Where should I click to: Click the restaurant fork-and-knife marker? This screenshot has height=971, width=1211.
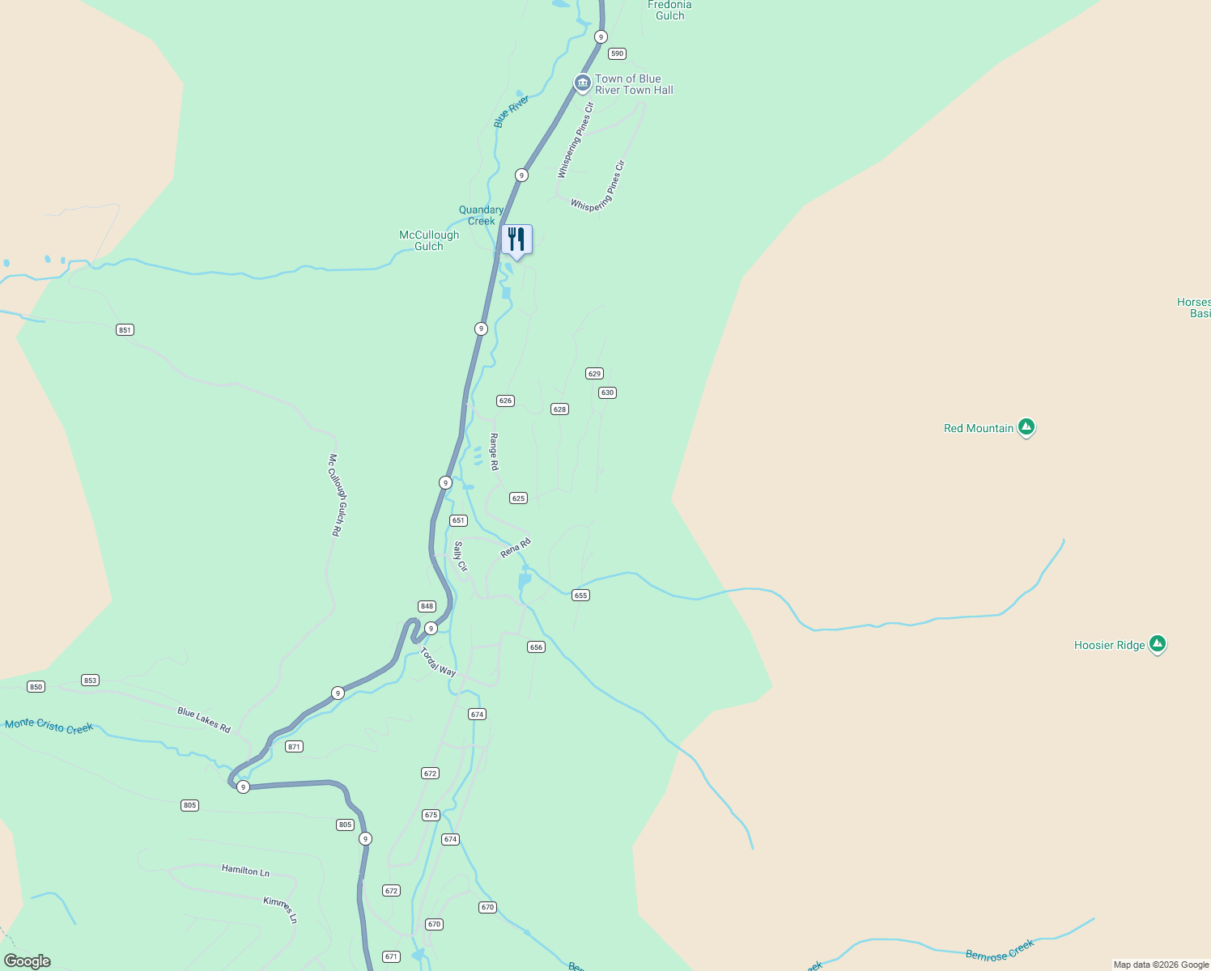point(516,240)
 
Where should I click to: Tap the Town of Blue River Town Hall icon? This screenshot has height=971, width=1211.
point(582,83)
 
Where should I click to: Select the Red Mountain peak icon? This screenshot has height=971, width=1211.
point(1026,427)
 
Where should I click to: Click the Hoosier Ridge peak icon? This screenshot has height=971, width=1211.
point(1158,644)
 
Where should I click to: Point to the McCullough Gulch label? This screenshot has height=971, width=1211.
point(429,240)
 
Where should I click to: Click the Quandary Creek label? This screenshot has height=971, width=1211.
point(481,215)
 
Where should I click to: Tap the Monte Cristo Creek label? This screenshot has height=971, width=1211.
point(49,726)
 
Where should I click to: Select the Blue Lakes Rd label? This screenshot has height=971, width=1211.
point(204,720)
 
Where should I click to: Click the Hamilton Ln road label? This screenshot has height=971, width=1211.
point(245,871)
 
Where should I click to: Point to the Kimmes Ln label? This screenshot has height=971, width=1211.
point(281,910)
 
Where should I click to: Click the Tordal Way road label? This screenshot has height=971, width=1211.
point(438,662)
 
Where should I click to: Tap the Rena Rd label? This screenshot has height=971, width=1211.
point(516,548)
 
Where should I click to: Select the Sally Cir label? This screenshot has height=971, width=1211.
point(461,557)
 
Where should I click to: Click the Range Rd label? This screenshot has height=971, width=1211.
point(494,452)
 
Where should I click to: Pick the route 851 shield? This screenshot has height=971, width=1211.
point(125,329)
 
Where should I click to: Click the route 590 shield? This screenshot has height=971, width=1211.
point(617,53)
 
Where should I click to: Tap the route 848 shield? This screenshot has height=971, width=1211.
point(427,606)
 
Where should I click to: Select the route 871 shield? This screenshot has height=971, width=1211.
point(295,746)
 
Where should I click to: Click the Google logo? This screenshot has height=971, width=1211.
point(28,961)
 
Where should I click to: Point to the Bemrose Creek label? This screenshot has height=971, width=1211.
point(1000,950)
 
